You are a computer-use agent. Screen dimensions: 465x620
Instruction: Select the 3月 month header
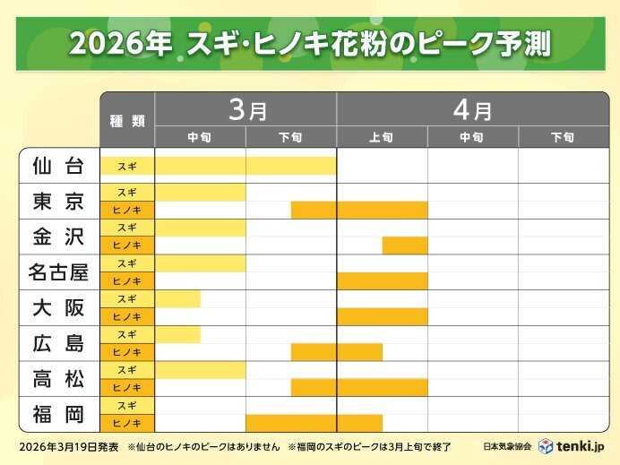pos(246,109)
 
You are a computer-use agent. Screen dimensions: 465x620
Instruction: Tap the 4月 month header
pos(471,109)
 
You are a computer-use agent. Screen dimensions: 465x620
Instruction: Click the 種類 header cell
pos(127,120)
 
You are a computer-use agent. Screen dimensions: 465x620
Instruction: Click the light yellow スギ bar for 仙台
pos(245,166)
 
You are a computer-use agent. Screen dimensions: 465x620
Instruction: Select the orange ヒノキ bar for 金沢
pos(404,245)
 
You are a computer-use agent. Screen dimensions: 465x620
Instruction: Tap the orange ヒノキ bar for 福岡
pos(314,423)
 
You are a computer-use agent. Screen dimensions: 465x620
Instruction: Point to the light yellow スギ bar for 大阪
pos(178,298)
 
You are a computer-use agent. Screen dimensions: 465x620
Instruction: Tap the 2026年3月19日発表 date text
pos(67,446)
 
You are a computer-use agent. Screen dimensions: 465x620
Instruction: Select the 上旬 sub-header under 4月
pos(382,137)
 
